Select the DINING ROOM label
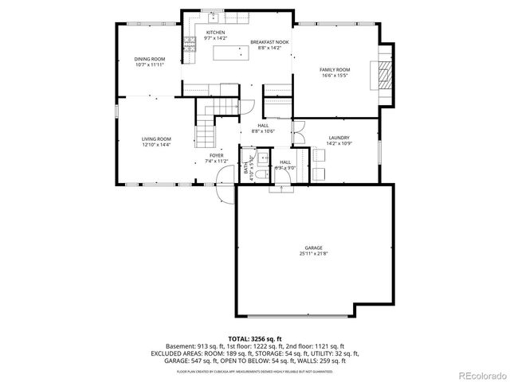(149, 59)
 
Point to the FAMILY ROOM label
(335, 70)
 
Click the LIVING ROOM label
(156, 138)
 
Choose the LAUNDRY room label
(339, 138)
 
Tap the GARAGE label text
(313, 248)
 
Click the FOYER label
(217, 155)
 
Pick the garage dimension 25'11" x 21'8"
(313, 254)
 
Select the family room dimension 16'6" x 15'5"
(335, 76)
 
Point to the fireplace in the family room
(386, 75)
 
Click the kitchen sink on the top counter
(214, 17)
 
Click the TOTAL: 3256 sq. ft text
(255, 339)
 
